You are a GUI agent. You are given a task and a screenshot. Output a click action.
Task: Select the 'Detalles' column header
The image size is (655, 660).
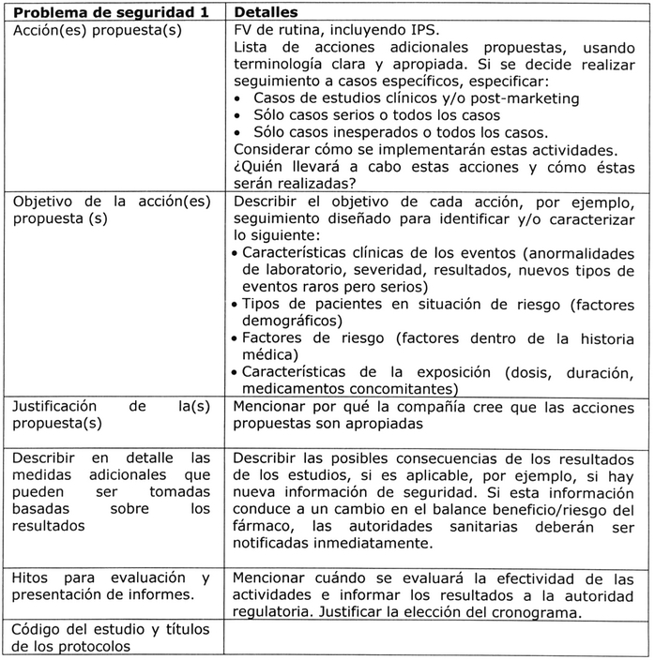tap(266, 13)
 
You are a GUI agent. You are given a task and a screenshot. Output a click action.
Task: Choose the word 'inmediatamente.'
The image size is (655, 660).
tap(373, 544)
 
